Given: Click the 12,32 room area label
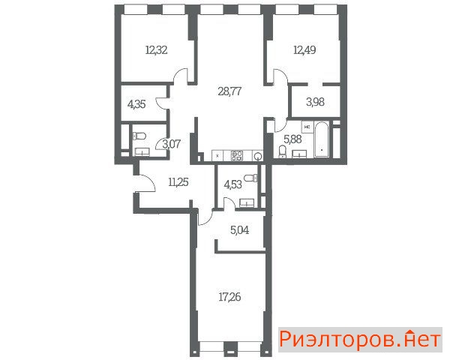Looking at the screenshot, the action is [157, 50].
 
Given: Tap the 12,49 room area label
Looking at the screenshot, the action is [304, 50].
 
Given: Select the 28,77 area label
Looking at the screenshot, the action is [229, 91].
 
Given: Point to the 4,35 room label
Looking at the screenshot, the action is [136, 104].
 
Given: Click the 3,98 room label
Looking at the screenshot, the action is [315, 102].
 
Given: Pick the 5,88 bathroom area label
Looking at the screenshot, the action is [292, 139].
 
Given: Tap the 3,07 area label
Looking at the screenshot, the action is [171, 144].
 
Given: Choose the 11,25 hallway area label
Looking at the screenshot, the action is [178, 182].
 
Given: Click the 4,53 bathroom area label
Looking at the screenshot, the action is [232, 184].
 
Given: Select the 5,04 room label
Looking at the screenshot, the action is [240, 230].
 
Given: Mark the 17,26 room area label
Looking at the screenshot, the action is [229, 297].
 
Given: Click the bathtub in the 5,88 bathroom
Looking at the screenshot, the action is [322, 139].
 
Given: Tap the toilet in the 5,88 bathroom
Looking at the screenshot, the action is [283, 151].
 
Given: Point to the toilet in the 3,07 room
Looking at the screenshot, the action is [139, 136].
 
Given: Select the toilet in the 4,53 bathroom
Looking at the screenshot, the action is [251, 178].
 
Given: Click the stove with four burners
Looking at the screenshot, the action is [237, 155].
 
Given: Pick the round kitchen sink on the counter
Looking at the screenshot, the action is [258, 156].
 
